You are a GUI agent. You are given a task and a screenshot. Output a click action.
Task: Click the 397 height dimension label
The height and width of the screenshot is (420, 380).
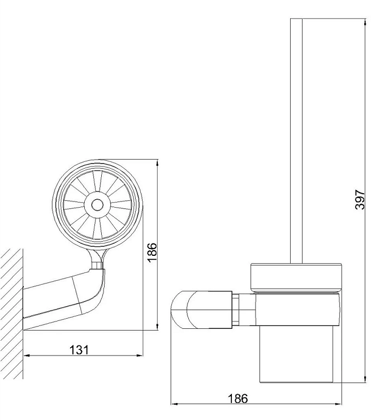point(360,199)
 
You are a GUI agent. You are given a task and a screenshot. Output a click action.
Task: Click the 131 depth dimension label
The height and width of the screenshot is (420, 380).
point(79,350)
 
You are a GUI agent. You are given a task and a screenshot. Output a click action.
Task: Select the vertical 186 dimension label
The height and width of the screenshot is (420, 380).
point(152,252)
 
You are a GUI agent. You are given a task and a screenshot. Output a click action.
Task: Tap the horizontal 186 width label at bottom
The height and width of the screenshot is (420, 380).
point(237,398)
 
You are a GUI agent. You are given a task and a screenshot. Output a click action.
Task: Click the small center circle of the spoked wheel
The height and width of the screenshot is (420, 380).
point(97,205)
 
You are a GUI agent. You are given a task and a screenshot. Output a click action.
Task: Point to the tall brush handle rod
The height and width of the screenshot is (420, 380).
point(296,141)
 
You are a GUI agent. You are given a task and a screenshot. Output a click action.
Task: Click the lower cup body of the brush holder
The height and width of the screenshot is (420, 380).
point(296,355)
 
